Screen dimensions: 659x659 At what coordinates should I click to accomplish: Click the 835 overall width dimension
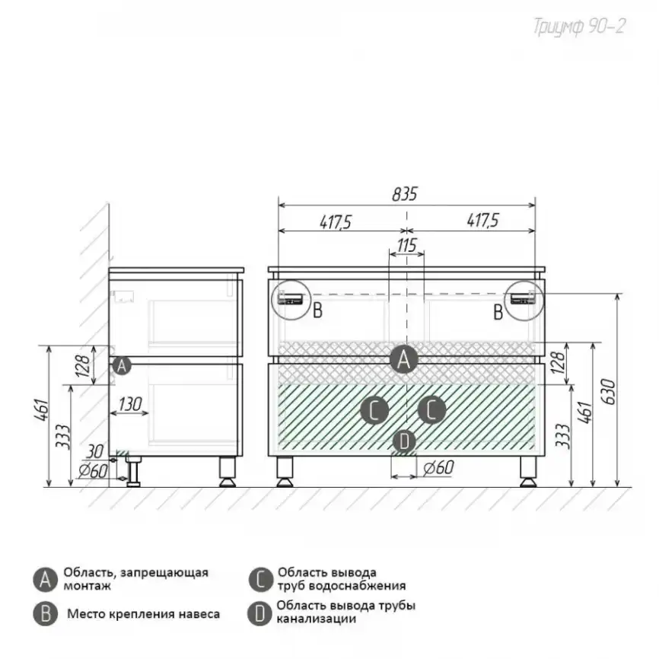click(x=405, y=194)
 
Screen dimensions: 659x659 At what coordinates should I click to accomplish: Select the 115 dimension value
click(x=407, y=246)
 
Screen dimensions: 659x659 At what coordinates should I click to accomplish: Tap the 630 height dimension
click(x=609, y=392)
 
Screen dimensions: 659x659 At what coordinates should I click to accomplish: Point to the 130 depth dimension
click(x=130, y=404)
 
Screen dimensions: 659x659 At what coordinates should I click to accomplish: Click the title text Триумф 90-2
click(x=580, y=27)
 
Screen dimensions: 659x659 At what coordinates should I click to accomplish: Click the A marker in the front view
click(x=403, y=360)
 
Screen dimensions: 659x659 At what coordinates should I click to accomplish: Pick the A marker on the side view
click(x=122, y=365)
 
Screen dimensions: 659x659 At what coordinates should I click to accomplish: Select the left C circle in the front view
click(x=374, y=410)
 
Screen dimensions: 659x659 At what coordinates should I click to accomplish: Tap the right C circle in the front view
click(x=431, y=409)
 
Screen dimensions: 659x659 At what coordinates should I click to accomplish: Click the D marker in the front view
click(x=404, y=441)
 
